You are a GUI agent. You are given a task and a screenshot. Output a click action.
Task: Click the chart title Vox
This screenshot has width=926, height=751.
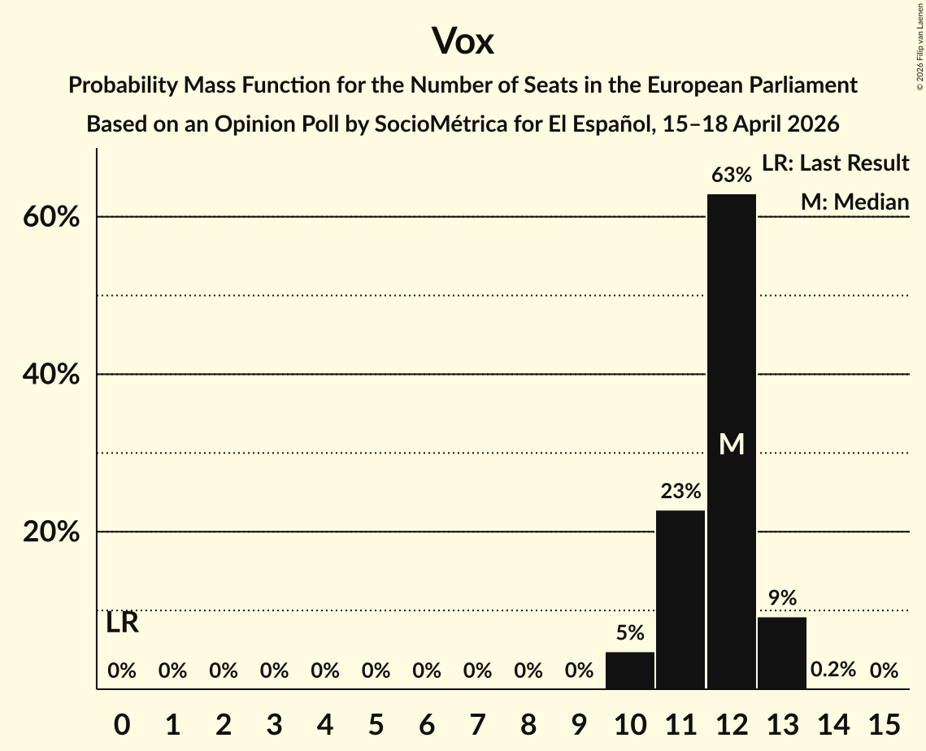pyautogui.click(x=463, y=41)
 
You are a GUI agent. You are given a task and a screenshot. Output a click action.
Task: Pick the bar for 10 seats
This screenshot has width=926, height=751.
pyautogui.click(x=629, y=670)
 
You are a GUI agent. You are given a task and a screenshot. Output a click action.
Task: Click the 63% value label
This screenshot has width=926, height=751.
pyautogui.click(x=731, y=176)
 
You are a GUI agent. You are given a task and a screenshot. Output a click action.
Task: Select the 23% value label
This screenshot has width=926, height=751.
pyautogui.click(x=680, y=491)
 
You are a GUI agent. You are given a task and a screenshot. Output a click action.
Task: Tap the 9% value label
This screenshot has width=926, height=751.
pyautogui.click(x=782, y=598)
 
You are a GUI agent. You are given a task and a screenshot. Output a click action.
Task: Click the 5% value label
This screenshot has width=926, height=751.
pyautogui.click(x=629, y=633)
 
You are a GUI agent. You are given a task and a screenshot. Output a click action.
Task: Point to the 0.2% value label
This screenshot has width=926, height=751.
pyautogui.click(x=833, y=671)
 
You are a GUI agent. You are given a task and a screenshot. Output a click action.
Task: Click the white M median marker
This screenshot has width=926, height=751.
pyautogui.click(x=732, y=444)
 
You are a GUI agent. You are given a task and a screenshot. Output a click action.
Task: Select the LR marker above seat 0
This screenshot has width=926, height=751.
pyautogui.click(x=122, y=623)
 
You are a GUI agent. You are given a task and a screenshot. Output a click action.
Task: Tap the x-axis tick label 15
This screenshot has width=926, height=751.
pyautogui.click(x=884, y=723)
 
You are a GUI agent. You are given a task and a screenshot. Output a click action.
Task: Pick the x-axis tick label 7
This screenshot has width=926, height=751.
pyautogui.click(x=477, y=723)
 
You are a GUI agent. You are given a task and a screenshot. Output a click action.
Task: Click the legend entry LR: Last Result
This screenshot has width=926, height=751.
pyautogui.click(x=835, y=163)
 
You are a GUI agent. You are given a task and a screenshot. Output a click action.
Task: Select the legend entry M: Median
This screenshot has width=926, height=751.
pyautogui.click(x=854, y=202)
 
